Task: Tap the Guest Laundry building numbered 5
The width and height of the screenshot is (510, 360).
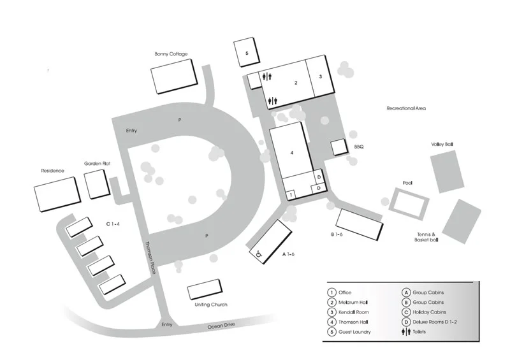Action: click(x=245, y=53)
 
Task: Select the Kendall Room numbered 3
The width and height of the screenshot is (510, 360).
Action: click(x=321, y=77)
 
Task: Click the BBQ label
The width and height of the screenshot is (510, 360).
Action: click(x=358, y=147)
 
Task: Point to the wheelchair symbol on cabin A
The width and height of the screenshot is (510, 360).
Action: click(x=259, y=254)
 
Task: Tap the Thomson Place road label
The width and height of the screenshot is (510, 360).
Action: click(x=150, y=259)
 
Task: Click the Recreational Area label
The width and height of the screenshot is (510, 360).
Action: click(x=405, y=108)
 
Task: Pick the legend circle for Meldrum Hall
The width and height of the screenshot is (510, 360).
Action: click(x=331, y=302)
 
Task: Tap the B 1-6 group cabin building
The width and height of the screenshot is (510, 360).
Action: click(x=359, y=224)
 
